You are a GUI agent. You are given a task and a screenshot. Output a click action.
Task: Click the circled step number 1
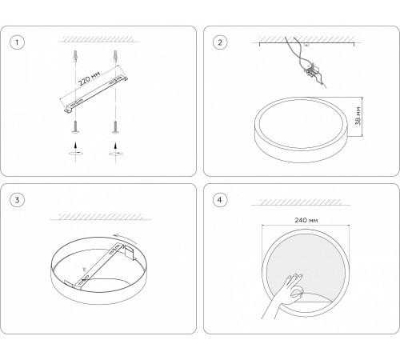tap(17, 42)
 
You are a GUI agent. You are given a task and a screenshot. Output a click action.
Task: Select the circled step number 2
tap(220, 42)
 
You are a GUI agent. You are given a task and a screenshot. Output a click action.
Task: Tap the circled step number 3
tap(17, 200)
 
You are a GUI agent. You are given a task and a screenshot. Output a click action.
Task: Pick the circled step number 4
tap(220, 200)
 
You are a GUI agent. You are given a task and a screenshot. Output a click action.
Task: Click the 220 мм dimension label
tap(89, 78)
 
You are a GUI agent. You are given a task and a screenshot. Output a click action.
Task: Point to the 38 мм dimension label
tap(358, 116)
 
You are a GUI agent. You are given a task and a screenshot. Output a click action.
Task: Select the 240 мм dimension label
tap(306, 220)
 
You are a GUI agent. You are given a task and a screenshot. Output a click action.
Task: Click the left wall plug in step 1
tap(76, 56)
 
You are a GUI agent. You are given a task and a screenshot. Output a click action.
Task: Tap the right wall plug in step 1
tap(115, 56)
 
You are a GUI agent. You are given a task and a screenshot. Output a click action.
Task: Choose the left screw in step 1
tap(76, 127)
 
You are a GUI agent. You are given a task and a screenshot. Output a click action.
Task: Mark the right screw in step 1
tap(115, 127)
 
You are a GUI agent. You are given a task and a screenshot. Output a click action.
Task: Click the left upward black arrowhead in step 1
tap(76, 145)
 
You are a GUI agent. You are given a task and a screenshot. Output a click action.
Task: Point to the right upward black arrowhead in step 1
tap(115, 145)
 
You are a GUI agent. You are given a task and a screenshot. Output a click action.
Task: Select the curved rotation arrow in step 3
tap(125, 238)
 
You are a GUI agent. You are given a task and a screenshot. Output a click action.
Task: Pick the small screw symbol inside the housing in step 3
tap(85, 269)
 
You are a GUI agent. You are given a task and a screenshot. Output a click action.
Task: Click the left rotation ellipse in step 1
tap(76, 154)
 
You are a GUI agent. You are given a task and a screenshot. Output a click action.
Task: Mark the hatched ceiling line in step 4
tap(301, 202)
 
